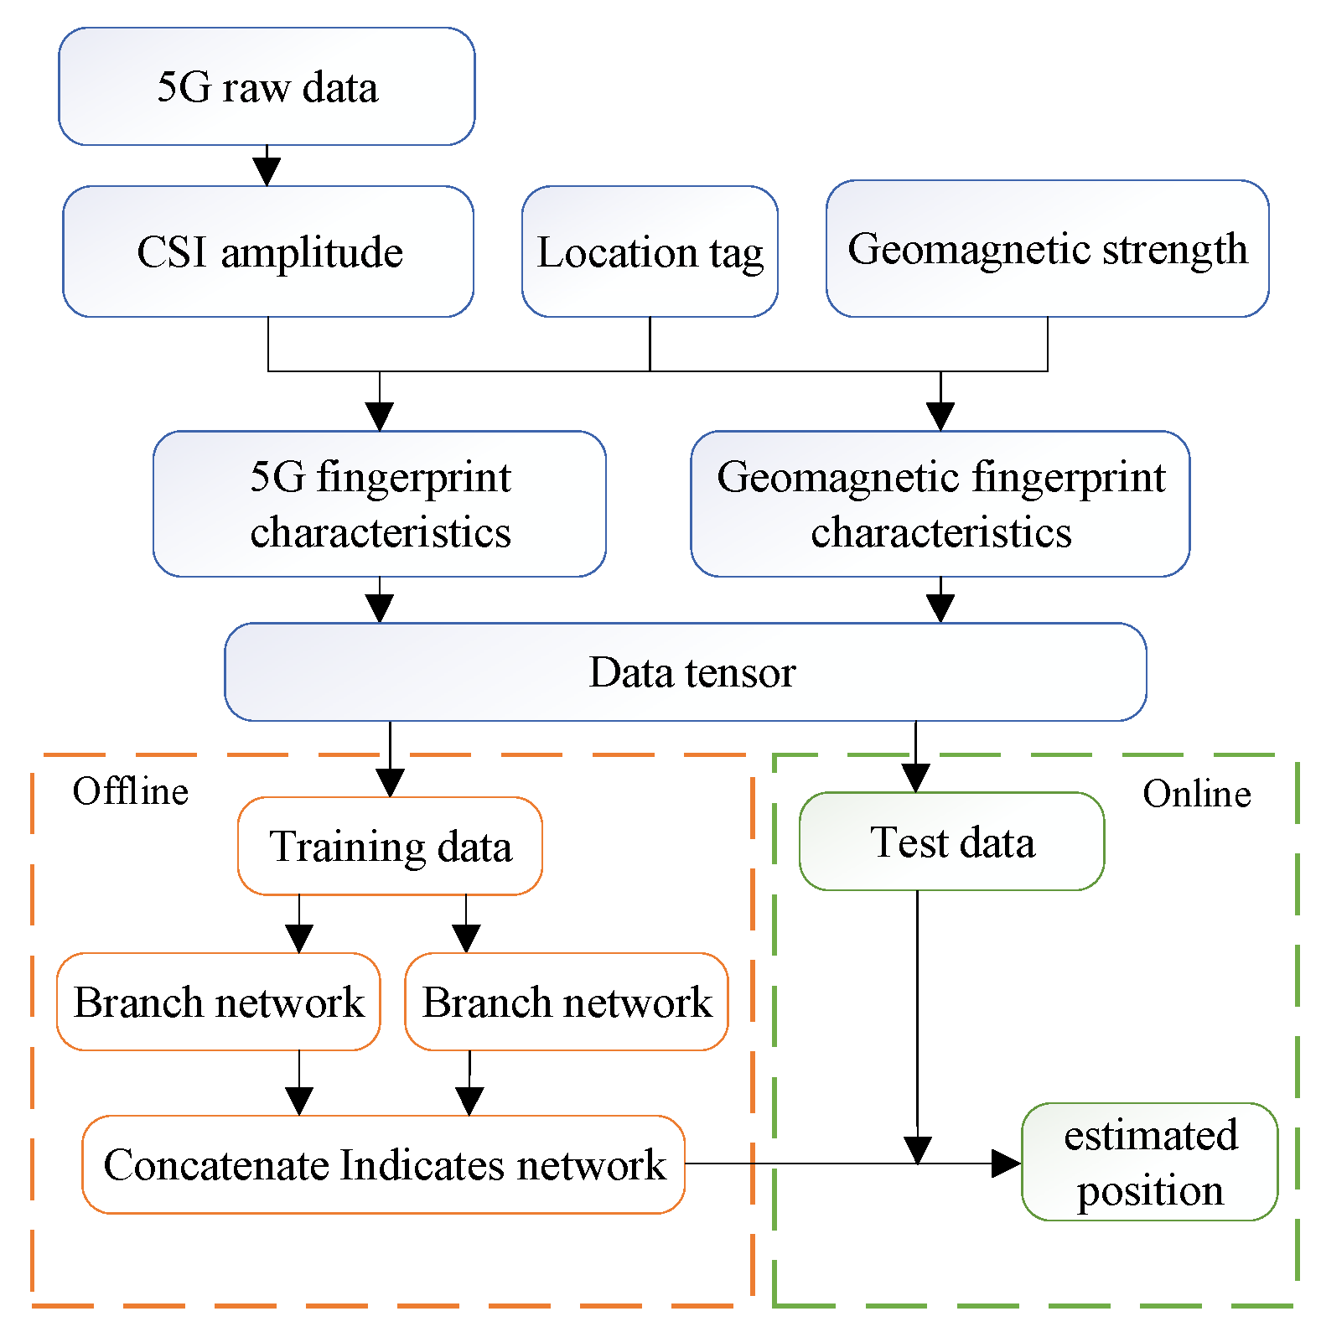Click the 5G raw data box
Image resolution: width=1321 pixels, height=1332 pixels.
[x=267, y=87]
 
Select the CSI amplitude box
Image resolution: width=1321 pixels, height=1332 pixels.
[x=268, y=251]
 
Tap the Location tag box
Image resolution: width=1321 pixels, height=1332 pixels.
[x=650, y=251]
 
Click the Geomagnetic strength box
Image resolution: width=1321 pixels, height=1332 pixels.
[x=1047, y=249]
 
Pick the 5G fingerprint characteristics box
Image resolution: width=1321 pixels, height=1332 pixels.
[x=380, y=504]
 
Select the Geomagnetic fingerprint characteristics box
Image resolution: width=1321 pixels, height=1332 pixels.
[x=940, y=504]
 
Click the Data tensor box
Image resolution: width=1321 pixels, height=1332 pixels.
[x=685, y=671]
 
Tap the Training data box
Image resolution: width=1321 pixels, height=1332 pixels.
[x=390, y=846]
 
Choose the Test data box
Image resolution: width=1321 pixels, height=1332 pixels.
[x=951, y=841]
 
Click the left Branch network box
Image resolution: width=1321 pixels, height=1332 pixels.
[x=218, y=1002]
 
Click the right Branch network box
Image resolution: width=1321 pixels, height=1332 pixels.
[x=567, y=1002]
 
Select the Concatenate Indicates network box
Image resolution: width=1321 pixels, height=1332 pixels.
[x=383, y=1164]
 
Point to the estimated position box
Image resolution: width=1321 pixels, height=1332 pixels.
[x=1149, y=1162]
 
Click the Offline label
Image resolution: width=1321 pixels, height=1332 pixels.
[x=130, y=791]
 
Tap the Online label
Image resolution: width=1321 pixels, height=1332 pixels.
[x=1196, y=794]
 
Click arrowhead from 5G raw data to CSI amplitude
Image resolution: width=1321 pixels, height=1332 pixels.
[x=267, y=171]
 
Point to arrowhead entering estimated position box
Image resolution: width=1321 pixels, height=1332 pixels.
[x=1005, y=1164]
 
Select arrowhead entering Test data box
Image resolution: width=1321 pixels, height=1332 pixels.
[x=915, y=777]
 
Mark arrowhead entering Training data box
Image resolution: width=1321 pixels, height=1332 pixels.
[x=390, y=782]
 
